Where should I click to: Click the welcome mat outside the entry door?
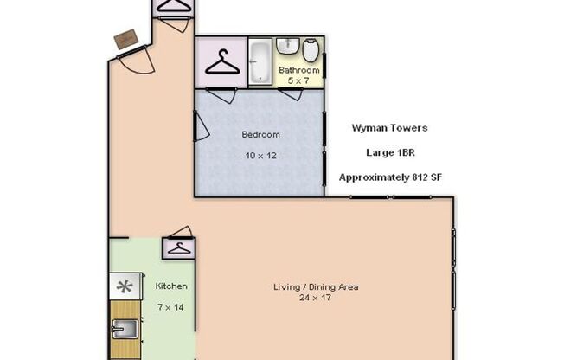126,39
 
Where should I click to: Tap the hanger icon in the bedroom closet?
223,62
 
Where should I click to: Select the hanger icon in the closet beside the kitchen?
178,248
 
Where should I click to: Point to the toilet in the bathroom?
311,50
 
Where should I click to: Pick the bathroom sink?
289,45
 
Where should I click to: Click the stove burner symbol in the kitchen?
125,286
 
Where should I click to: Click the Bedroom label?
260,134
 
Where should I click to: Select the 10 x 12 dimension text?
260,157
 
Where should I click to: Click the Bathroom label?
299,70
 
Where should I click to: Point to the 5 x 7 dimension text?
299,80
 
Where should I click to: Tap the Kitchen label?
170,286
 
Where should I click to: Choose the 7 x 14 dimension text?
170,306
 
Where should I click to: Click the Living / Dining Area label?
316,287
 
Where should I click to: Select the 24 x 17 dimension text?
316,298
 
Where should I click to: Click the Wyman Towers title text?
388,128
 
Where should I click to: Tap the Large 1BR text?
388,152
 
